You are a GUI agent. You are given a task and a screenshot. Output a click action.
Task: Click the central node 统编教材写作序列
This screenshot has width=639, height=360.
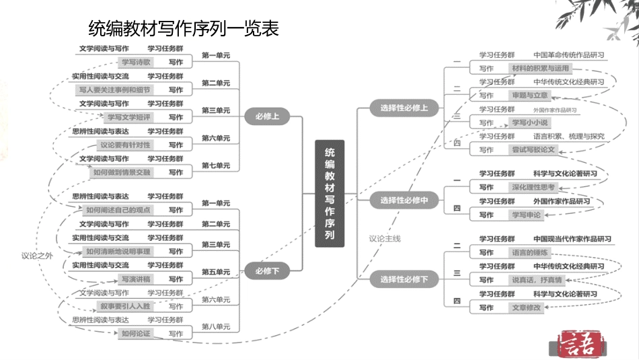(x=330, y=194)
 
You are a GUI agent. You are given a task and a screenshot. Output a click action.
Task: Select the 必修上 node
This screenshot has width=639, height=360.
(x=266, y=116)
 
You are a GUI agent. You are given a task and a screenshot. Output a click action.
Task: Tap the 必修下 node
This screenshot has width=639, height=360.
(x=266, y=271)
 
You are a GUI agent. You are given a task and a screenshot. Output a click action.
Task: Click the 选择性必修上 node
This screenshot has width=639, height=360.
(x=404, y=108)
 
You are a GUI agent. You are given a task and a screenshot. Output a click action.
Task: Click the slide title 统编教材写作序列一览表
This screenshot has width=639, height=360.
(x=184, y=29)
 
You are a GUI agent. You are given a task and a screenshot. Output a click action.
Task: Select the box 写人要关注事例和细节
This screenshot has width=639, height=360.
(x=114, y=89)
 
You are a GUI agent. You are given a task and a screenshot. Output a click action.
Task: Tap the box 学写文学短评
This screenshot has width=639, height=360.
(x=128, y=117)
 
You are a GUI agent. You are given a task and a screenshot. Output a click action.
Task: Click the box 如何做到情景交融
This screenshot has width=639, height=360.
(x=122, y=172)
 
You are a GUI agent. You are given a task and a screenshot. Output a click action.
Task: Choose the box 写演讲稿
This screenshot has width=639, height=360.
(x=135, y=279)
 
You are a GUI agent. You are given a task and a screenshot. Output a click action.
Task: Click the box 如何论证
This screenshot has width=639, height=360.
(x=135, y=333)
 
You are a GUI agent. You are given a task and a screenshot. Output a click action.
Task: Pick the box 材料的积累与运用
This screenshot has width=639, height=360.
(x=540, y=68)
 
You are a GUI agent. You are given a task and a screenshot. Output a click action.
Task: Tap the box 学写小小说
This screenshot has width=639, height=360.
(x=530, y=122)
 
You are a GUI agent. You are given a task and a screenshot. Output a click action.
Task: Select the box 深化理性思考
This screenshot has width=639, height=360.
(x=533, y=187)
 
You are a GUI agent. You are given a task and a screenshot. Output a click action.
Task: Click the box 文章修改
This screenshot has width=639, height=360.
(x=526, y=308)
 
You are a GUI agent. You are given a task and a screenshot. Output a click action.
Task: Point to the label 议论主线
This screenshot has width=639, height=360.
(x=385, y=238)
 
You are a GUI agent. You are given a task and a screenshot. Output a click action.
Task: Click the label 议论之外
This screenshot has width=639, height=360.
(x=36, y=255)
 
